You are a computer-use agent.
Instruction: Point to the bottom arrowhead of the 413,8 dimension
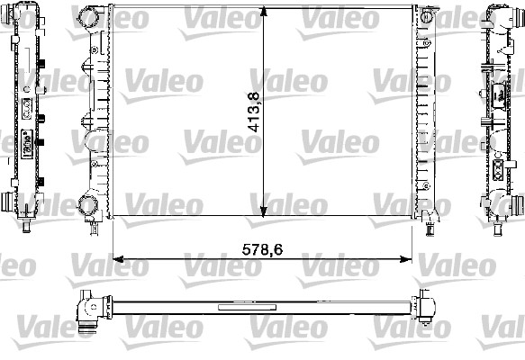pos(262,212)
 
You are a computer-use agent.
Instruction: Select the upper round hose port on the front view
pos(89,17)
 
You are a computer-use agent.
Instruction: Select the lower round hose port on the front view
pos(90,206)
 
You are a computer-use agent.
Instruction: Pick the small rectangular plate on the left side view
pos(27,144)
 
